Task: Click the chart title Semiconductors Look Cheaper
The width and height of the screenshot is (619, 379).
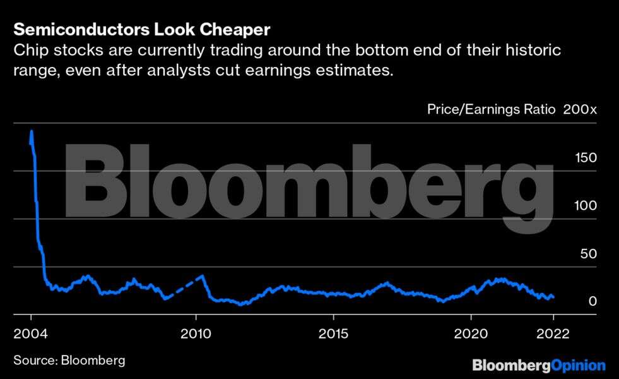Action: (141, 30)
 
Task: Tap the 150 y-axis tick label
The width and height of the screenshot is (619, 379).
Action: (584, 157)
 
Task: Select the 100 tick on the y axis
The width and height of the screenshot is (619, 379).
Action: (584, 205)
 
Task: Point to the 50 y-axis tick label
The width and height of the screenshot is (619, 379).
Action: (587, 253)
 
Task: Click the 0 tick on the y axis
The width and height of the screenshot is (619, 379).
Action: (592, 301)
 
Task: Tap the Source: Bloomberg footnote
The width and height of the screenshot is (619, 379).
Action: (69, 360)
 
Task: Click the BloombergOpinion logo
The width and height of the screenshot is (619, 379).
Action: (539, 365)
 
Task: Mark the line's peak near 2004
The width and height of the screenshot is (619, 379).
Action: (31, 131)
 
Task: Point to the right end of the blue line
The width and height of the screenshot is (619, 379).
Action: (553, 296)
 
